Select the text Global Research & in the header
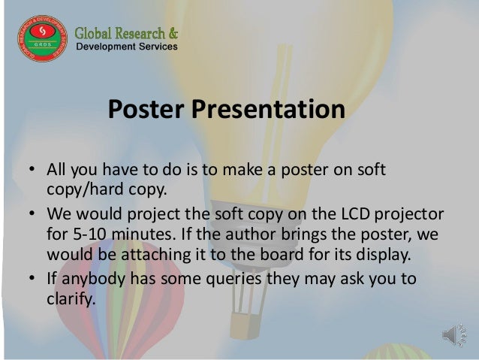click(x=127, y=33)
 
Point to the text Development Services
click(x=128, y=47)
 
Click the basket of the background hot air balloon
click(x=245, y=325)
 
